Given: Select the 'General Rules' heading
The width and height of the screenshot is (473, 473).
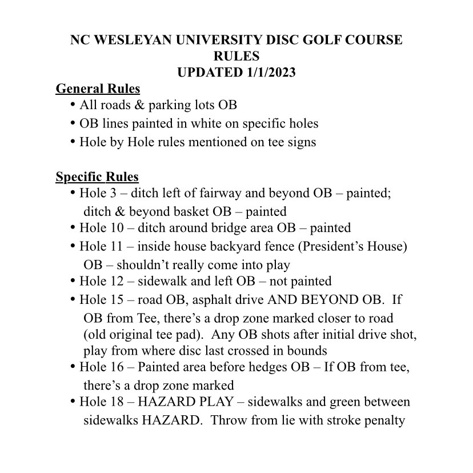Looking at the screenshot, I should tap(98, 89).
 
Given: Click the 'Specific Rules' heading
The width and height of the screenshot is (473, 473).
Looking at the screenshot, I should tap(97, 177).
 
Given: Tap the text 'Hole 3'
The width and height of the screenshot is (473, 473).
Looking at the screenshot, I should tap(98, 194).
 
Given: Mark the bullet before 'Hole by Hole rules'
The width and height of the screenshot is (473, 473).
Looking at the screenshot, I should tap(73, 141).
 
